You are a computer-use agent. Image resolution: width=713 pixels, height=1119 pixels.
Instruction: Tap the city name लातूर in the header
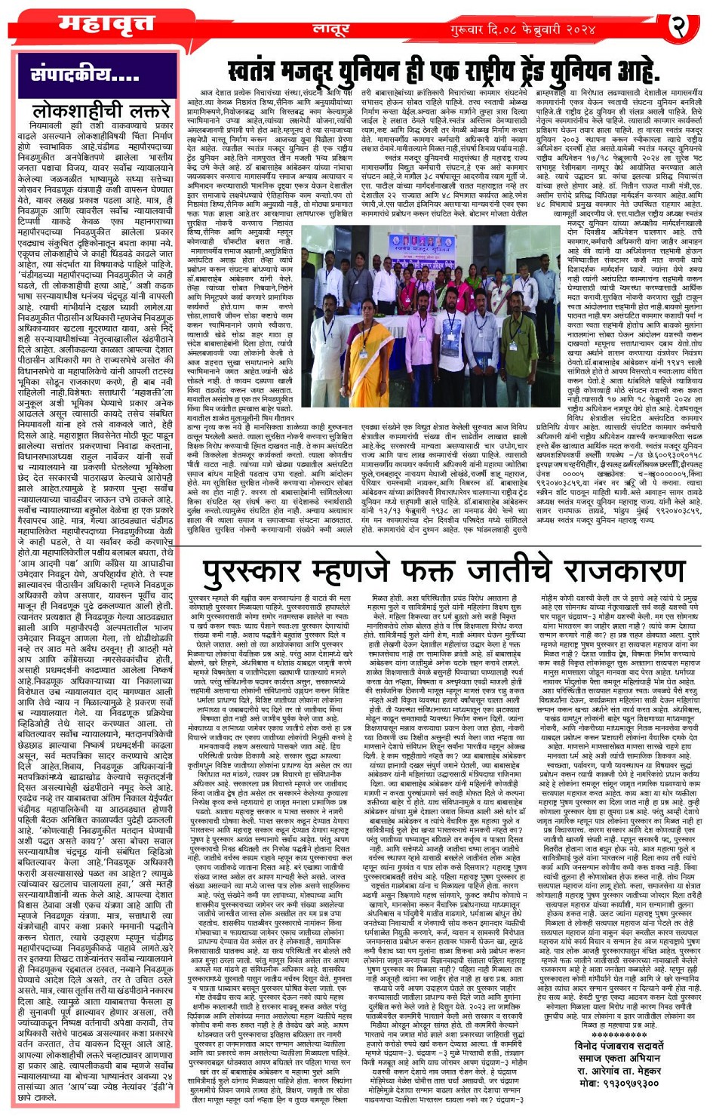(330, 29)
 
